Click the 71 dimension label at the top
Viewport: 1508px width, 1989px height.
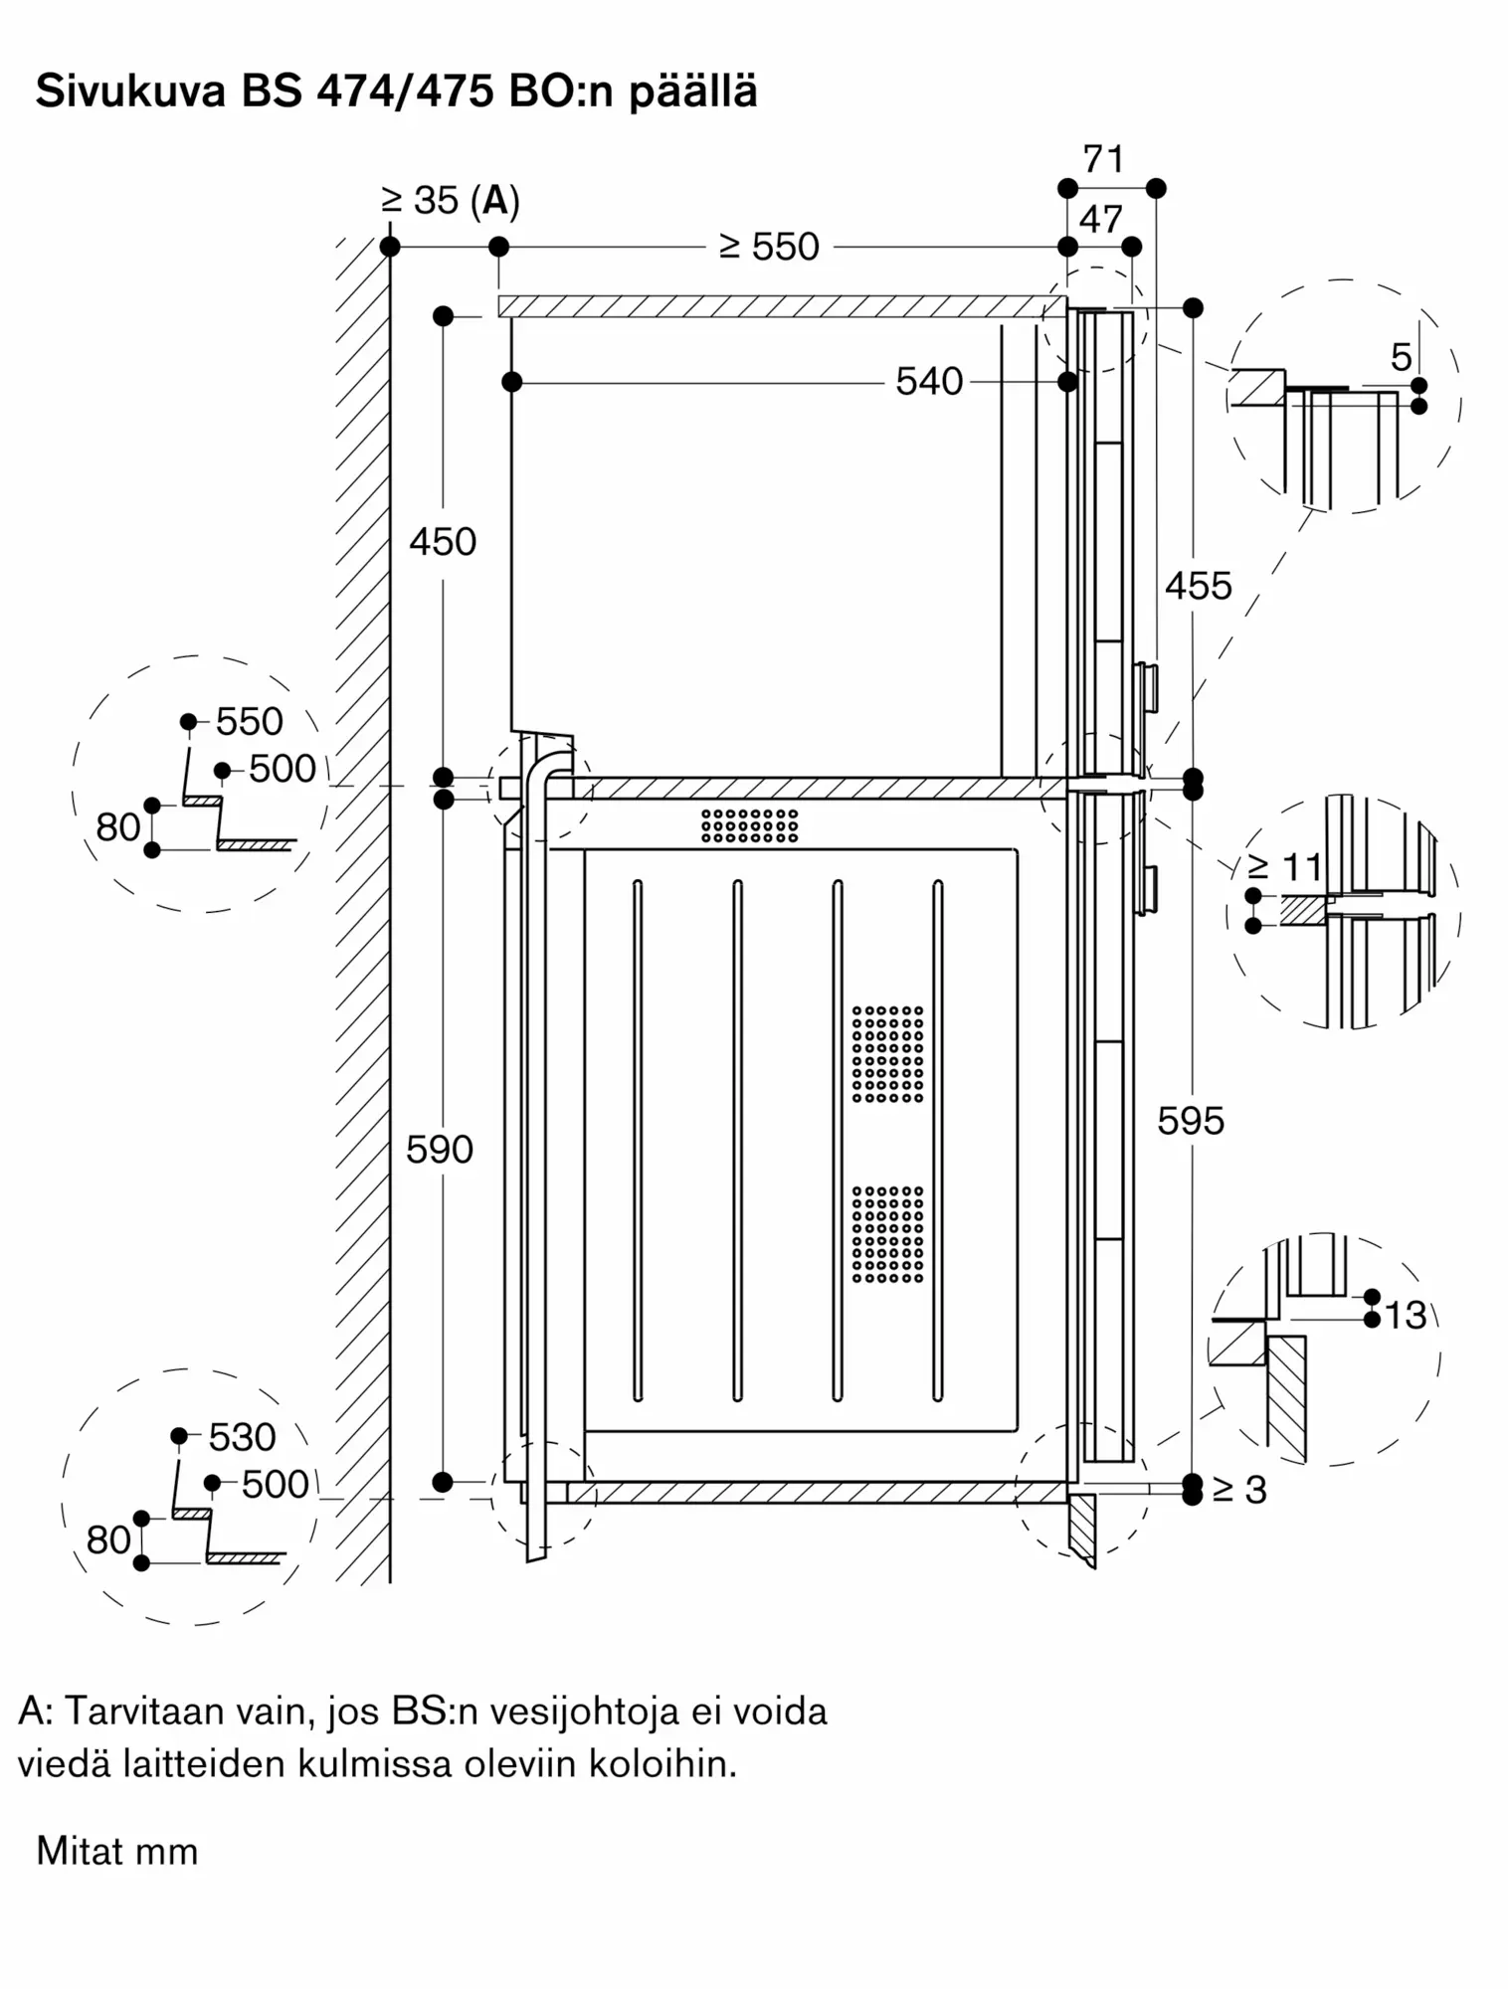tap(1103, 159)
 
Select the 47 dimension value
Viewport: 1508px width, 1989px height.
tap(1100, 219)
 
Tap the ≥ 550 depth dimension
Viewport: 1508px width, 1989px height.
tap(770, 247)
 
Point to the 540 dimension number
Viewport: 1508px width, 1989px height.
tap(929, 382)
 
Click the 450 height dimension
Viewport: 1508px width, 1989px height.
tap(443, 542)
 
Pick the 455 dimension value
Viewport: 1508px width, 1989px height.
tap(1198, 586)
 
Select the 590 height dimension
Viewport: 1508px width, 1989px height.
tap(440, 1150)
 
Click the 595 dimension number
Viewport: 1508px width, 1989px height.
tap(1191, 1121)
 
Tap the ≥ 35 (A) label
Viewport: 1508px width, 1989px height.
tap(451, 201)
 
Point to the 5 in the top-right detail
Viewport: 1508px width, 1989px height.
tap(1401, 357)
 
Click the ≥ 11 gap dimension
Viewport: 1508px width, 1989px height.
tap(1285, 867)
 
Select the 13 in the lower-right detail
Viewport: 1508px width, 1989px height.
tap(1406, 1316)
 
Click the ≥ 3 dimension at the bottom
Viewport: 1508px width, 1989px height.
tap(1239, 1489)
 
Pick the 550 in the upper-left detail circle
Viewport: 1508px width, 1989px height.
tap(249, 721)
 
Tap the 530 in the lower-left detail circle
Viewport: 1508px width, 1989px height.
tap(242, 1436)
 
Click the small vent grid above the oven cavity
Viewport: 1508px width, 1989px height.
tap(749, 824)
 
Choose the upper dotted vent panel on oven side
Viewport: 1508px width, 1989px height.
tap(887, 1054)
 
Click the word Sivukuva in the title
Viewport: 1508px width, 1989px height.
tap(128, 91)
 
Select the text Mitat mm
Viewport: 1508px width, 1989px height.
tap(117, 1851)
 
